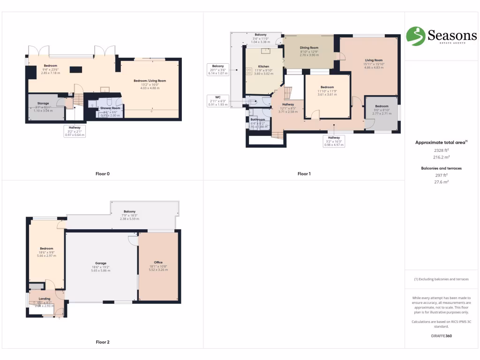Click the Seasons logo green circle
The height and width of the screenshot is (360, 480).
[x=415, y=36]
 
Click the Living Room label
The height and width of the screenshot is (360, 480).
[x=374, y=60]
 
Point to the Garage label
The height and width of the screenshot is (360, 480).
[x=101, y=263]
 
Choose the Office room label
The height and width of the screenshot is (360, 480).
[x=158, y=262]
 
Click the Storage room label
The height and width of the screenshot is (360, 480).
[x=43, y=103]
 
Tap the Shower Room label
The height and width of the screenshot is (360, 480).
[x=110, y=108]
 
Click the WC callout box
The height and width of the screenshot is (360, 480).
[x=217, y=101]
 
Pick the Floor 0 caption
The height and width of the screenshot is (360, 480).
[x=103, y=174]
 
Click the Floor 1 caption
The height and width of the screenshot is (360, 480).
[x=304, y=174]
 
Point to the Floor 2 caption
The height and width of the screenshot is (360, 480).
[x=103, y=342]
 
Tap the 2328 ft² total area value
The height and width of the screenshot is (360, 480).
[x=442, y=150]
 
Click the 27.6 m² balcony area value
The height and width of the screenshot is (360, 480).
[x=442, y=181]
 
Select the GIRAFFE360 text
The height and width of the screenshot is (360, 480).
[x=441, y=336]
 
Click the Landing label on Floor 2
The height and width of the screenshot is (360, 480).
[x=45, y=299]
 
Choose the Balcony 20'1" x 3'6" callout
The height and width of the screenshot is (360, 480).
[x=218, y=69]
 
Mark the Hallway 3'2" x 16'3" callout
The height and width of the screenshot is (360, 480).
[x=334, y=141]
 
